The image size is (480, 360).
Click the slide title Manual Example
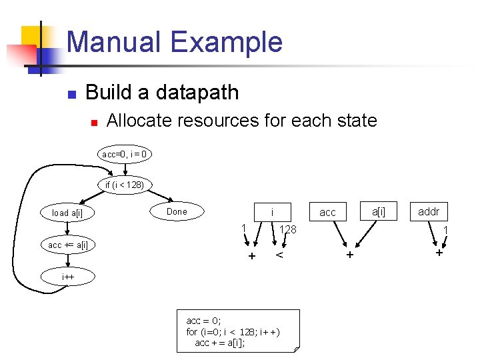point(175,42)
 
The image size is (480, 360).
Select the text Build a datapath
point(162,92)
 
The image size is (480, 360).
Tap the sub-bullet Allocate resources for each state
point(241,121)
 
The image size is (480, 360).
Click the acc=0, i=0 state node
point(125,154)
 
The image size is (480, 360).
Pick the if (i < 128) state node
point(125,184)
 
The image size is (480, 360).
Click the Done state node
point(177,211)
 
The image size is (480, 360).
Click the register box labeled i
point(272,212)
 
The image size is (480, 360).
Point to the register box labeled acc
point(328,212)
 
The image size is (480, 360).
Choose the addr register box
point(429,211)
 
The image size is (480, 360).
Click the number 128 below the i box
point(287,230)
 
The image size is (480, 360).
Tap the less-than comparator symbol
point(280,255)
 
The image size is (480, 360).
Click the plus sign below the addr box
point(439,253)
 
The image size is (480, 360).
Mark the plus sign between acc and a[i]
point(349,255)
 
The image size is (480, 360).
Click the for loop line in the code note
point(233,331)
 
